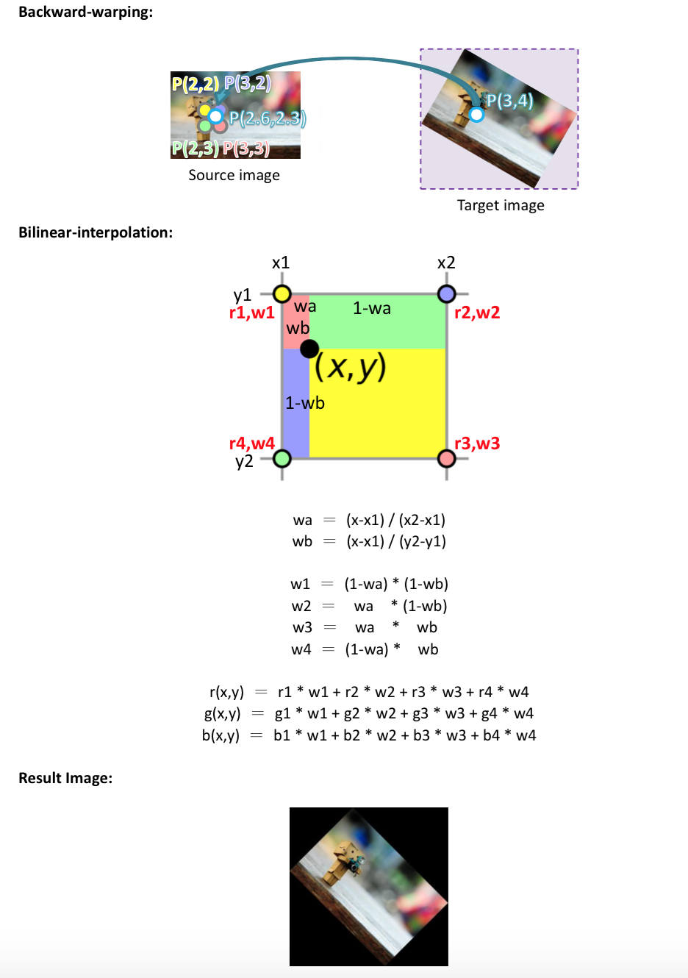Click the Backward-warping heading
tap(85, 13)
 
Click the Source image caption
tap(234, 175)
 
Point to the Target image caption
tap(501, 205)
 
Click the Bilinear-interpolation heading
tap(96, 232)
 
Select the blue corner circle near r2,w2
tap(446, 294)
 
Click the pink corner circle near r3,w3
tap(446, 459)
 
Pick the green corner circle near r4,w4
tap(282, 459)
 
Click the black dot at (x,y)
tap(309, 349)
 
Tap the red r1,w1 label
tap(251, 313)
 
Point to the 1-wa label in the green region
tap(371, 308)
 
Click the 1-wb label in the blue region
tap(304, 403)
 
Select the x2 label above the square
tap(445, 263)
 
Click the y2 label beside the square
tap(244, 462)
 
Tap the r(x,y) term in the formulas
tap(226, 692)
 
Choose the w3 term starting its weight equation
tap(302, 627)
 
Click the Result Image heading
tap(65, 778)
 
